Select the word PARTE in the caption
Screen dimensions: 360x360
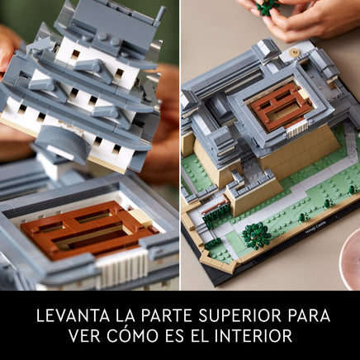coord(167,315)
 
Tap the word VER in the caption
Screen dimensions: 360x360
coord(85,335)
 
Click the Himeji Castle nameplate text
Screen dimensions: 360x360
coord(315,227)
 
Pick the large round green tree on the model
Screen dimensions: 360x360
coord(256,235)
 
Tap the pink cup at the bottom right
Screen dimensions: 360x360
coord(350,259)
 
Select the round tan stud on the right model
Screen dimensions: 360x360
coord(295,51)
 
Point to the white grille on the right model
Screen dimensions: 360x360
coord(296,129)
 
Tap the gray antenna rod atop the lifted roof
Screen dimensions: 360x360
coord(159,17)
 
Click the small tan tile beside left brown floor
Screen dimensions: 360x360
coord(140,216)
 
